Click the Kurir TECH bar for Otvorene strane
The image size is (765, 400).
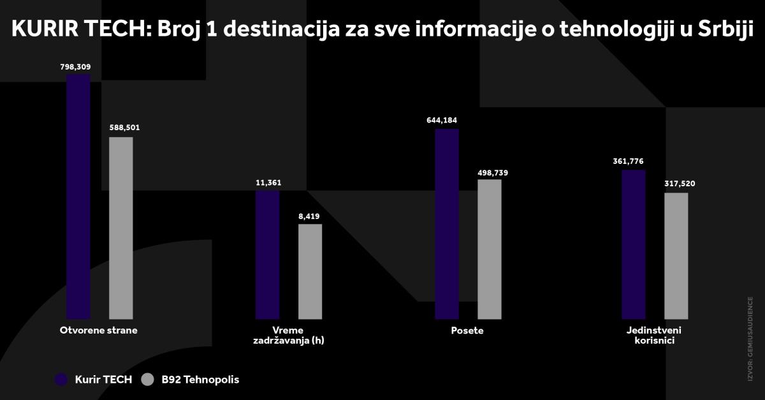78,196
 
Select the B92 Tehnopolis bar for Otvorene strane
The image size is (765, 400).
121,228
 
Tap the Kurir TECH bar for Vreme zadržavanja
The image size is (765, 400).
267,255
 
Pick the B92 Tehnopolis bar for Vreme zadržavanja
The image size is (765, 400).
310,271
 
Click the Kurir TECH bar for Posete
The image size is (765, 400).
447,224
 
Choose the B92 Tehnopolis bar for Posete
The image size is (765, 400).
490,249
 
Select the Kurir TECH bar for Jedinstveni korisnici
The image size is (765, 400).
634,244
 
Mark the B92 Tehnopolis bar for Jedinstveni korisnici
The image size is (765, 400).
676,256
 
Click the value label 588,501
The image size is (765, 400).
121,128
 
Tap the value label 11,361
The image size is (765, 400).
267,183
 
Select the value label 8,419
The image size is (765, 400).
309,217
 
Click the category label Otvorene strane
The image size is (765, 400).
99,330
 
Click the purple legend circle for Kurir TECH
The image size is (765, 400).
61,380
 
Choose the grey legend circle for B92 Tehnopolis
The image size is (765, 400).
147,380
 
